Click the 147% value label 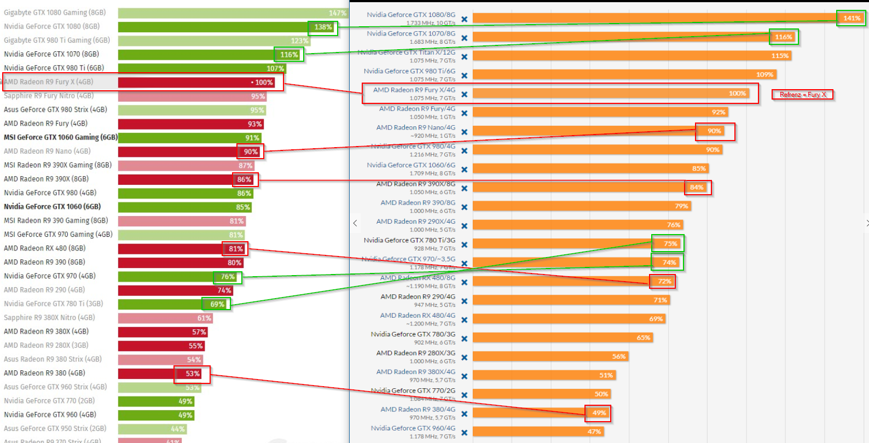(x=337, y=13)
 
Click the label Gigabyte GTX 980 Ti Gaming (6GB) (x=57, y=40)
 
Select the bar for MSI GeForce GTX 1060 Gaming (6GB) (x=189, y=138)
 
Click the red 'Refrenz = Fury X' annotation (x=802, y=95)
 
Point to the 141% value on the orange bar (x=851, y=19)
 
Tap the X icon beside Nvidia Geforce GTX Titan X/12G (x=464, y=57)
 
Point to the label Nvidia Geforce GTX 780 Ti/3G (x=409, y=240)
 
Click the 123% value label (x=299, y=41)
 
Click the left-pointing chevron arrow (x=355, y=223)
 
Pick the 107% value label (x=275, y=69)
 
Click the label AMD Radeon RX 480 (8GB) (x=45, y=248)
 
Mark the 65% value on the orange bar (x=643, y=338)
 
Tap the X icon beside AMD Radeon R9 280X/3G (x=464, y=357)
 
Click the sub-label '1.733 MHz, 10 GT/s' (x=431, y=24)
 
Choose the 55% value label (x=195, y=346)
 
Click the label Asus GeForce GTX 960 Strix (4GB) (x=55, y=387)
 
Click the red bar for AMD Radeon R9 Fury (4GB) (x=190, y=124)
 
